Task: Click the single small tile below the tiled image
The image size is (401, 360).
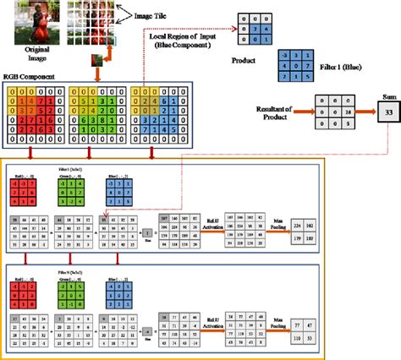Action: (x=99, y=60)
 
